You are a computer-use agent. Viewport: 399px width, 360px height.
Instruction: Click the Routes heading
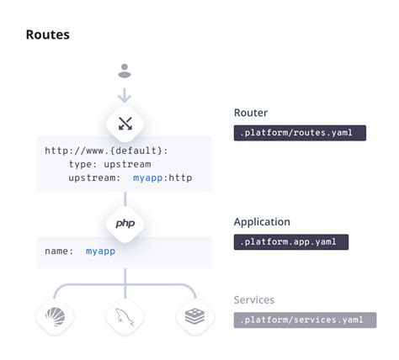(47, 35)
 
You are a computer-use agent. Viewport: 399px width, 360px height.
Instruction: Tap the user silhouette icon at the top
(125, 71)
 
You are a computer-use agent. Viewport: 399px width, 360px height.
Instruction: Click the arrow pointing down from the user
(125, 94)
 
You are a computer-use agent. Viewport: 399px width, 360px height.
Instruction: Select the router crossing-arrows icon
(125, 124)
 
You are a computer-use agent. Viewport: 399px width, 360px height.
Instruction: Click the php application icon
(125, 224)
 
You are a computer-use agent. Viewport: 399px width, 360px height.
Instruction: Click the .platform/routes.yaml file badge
(299, 132)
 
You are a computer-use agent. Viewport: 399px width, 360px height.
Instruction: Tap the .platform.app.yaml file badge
(290, 241)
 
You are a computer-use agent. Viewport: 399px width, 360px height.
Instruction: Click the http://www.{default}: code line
(106, 151)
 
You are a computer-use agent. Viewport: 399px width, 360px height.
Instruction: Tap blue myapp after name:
(100, 251)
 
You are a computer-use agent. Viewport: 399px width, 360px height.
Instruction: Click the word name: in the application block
(59, 251)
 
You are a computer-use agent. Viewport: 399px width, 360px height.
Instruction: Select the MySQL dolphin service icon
(125, 316)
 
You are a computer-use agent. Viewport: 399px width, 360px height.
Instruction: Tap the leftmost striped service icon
(54, 316)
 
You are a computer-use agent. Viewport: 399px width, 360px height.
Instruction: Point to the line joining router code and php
(125, 199)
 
